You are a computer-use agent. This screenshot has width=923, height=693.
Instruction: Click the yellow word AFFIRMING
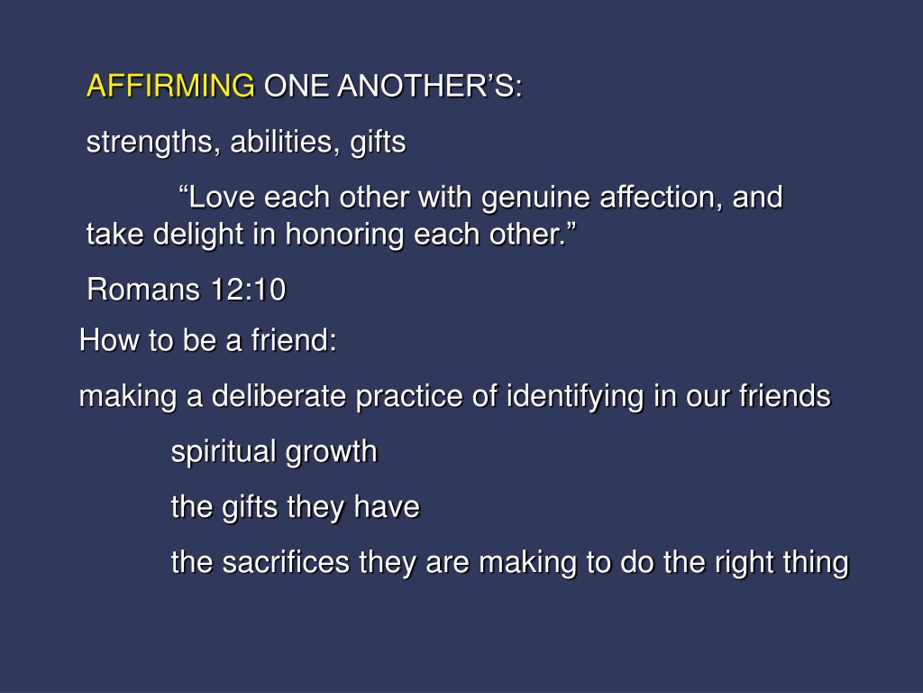[170, 86]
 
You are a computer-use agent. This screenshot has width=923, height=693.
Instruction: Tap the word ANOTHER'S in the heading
[430, 86]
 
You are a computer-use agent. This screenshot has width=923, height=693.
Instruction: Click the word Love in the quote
[222, 197]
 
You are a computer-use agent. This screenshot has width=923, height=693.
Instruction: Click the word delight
[198, 236]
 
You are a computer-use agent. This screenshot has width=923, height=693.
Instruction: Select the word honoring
[344, 236]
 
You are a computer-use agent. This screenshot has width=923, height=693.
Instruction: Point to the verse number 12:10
[248, 290]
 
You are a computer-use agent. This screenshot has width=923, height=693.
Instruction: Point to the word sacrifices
[286, 562]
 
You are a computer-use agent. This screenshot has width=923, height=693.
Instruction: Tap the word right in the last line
[744, 563]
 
